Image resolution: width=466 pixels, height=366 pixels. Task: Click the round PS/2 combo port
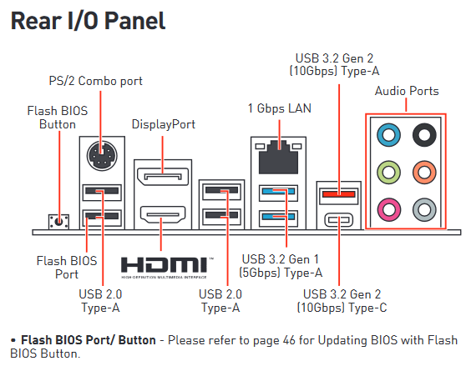point(102,156)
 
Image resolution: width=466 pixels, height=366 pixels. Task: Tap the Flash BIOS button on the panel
point(58,222)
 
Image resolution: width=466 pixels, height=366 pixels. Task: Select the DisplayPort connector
point(163,177)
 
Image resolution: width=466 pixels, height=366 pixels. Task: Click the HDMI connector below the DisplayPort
point(163,215)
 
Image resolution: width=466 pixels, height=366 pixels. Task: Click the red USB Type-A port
point(339,194)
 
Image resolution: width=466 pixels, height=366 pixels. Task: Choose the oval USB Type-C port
point(339,220)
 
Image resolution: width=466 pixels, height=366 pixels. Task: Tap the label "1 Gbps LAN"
point(280,108)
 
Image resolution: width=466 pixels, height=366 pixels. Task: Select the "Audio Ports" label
point(407,91)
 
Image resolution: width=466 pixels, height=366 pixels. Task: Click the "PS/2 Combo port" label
point(96,81)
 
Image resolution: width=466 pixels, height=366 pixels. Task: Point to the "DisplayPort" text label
point(164,124)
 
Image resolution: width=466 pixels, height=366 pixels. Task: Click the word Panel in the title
point(135,21)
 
